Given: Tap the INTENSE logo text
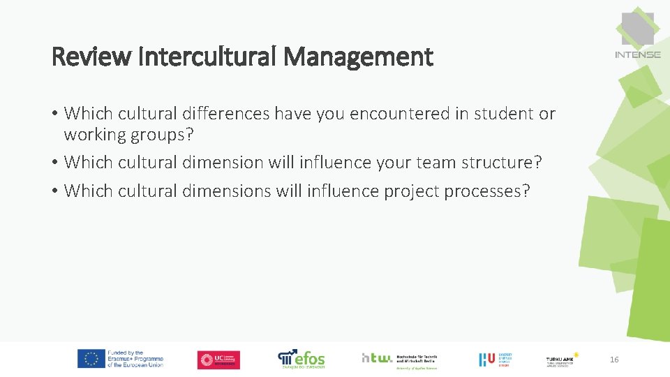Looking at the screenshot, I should [638, 54].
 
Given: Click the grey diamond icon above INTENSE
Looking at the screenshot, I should [637, 27].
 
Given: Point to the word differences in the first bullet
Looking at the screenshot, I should [226, 113].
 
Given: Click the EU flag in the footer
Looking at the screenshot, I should [91, 359].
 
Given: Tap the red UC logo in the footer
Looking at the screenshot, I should [218, 360].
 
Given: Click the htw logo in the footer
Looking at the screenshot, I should [377, 357].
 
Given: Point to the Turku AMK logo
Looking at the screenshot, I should [562, 360].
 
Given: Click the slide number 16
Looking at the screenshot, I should [614, 360].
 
